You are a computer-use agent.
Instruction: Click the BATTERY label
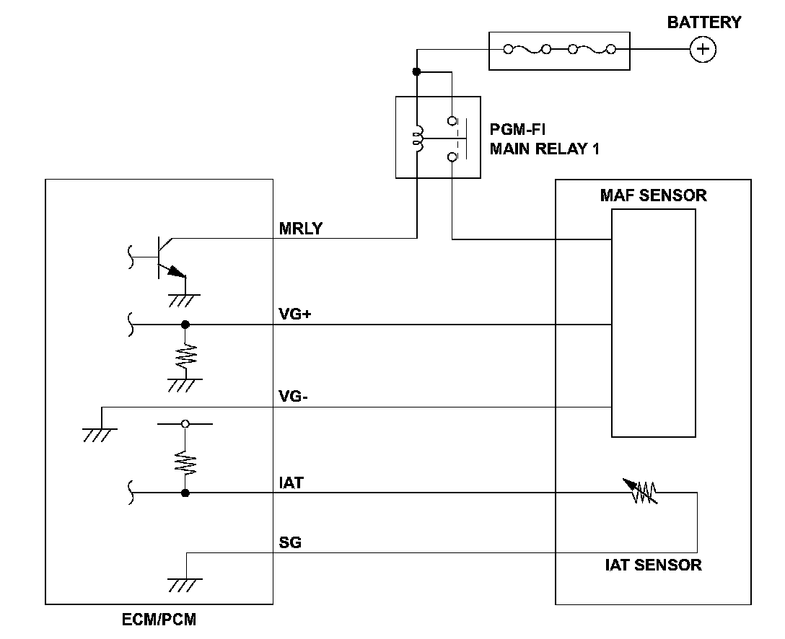click(703, 22)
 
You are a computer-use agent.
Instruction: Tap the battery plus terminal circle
click(703, 49)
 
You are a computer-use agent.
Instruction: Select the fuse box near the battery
click(559, 50)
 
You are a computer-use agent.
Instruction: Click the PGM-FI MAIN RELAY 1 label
click(545, 140)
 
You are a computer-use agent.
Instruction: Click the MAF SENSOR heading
click(653, 195)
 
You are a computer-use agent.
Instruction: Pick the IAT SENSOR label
click(653, 565)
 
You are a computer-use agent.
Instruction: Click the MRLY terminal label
click(301, 229)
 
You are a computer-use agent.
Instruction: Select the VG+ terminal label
click(294, 314)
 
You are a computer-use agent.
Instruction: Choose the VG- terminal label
click(294, 397)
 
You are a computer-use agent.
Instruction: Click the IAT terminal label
click(291, 482)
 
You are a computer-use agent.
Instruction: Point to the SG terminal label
click(290, 542)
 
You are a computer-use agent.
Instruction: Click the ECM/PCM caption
click(159, 620)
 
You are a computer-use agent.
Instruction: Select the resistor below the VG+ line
click(185, 354)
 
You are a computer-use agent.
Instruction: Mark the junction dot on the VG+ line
click(185, 325)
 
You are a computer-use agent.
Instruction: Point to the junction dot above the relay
click(416, 71)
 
